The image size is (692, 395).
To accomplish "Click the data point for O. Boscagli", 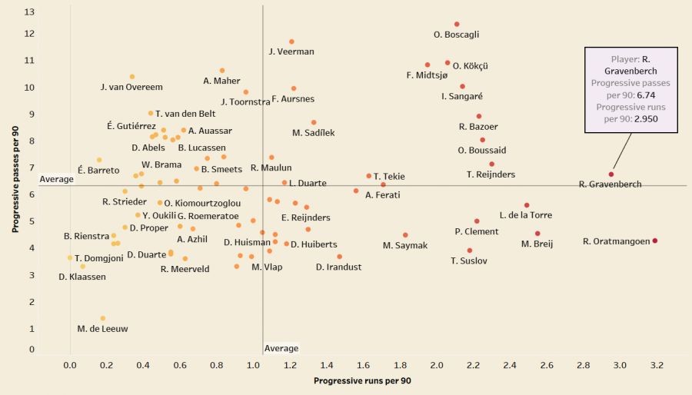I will click(457, 25).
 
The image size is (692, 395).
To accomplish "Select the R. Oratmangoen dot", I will click(655, 241).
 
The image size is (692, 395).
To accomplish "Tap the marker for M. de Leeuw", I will click(103, 318).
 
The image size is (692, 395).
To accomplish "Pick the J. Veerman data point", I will click(291, 41).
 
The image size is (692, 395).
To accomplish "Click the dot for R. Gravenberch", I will click(611, 174).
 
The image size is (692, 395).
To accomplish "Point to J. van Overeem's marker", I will click(132, 77).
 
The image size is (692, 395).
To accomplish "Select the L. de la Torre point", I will click(527, 205).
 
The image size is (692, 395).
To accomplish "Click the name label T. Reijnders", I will click(491, 174).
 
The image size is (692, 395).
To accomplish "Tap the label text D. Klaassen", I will click(82, 276).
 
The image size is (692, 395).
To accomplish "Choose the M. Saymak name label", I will click(405, 245).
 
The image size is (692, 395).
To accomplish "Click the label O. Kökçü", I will click(471, 66).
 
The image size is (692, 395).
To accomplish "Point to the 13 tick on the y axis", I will click(29, 12).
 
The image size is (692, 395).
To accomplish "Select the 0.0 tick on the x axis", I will click(70, 365).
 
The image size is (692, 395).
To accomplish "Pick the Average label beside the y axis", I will click(56, 179).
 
